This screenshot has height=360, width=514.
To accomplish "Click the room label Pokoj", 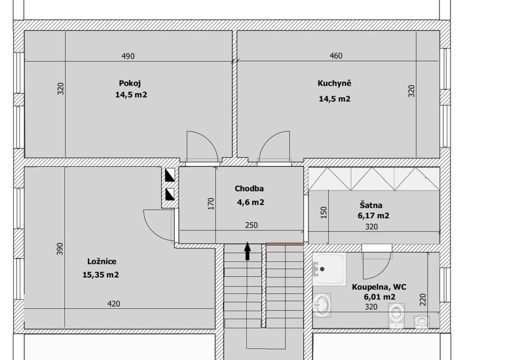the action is tap(130, 84).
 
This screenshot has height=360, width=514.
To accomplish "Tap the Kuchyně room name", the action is tap(335, 83).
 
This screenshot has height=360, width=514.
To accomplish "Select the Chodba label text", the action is tap(249, 189).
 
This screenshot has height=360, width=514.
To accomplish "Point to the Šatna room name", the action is tap(371, 205).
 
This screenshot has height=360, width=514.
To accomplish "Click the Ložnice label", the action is tap(102, 261).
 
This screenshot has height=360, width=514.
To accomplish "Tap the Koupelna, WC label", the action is tap(379, 287).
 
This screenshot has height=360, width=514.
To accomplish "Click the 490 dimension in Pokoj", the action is tap(128, 56).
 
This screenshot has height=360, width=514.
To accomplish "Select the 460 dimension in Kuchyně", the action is tap(336, 56).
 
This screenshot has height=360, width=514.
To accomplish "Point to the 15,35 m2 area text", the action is tap(101, 275).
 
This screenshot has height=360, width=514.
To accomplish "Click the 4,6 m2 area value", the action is tap(250, 202).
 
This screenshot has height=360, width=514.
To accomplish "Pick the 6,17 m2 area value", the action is tap(373, 215).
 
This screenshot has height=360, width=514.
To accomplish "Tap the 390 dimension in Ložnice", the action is tap(59, 249).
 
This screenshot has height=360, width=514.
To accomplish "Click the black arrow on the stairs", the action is tap(248, 251).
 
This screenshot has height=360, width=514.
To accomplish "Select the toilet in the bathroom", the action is tap(396, 315).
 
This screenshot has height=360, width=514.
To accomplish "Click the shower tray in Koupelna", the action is tap(329, 269).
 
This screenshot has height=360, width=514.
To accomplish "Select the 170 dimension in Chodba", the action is tap(211, 204).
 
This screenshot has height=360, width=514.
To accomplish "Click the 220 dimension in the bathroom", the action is tap(423, 300).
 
